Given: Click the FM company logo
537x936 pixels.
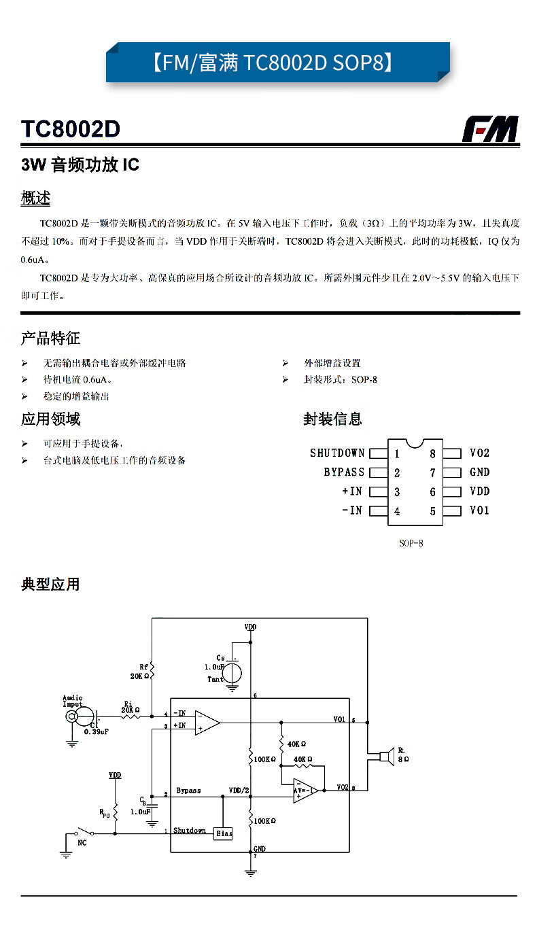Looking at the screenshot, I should click(x=490, y=129).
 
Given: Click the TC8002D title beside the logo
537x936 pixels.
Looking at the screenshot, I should click(x=70, y=129).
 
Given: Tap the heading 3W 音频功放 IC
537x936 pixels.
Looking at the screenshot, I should click(x=80, y=165).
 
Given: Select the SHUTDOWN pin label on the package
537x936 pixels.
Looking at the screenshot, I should click(x=337, y=453).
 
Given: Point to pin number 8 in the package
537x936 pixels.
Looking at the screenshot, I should click(x=432, y=454).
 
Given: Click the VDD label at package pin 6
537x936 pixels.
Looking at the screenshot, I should click(x=479, y=491).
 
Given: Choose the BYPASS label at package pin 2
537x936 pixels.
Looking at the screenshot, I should click(x=344, y=472).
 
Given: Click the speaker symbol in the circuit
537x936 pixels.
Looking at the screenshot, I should click(x=387, y=755).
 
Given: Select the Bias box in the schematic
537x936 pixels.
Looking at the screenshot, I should click(x=223, y=833).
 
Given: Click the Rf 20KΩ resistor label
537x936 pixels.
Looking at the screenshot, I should click(x=140, y=672).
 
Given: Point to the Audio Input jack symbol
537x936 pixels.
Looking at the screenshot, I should click(x=83, y=717).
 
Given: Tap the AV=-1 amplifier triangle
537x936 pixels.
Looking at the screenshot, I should click(x=305, y=791).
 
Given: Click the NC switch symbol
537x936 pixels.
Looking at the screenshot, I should click(x=84, y=831).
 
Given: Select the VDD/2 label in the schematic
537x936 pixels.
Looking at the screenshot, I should click(x=240, y=791).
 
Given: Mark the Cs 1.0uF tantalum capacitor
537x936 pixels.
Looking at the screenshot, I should click(x=232, y=671).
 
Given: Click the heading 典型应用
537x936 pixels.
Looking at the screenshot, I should click(x=50, y=584).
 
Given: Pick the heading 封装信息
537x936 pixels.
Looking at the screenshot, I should click(x=332, y=419).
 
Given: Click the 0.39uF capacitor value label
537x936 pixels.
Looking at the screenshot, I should click(x=97, y=731).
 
